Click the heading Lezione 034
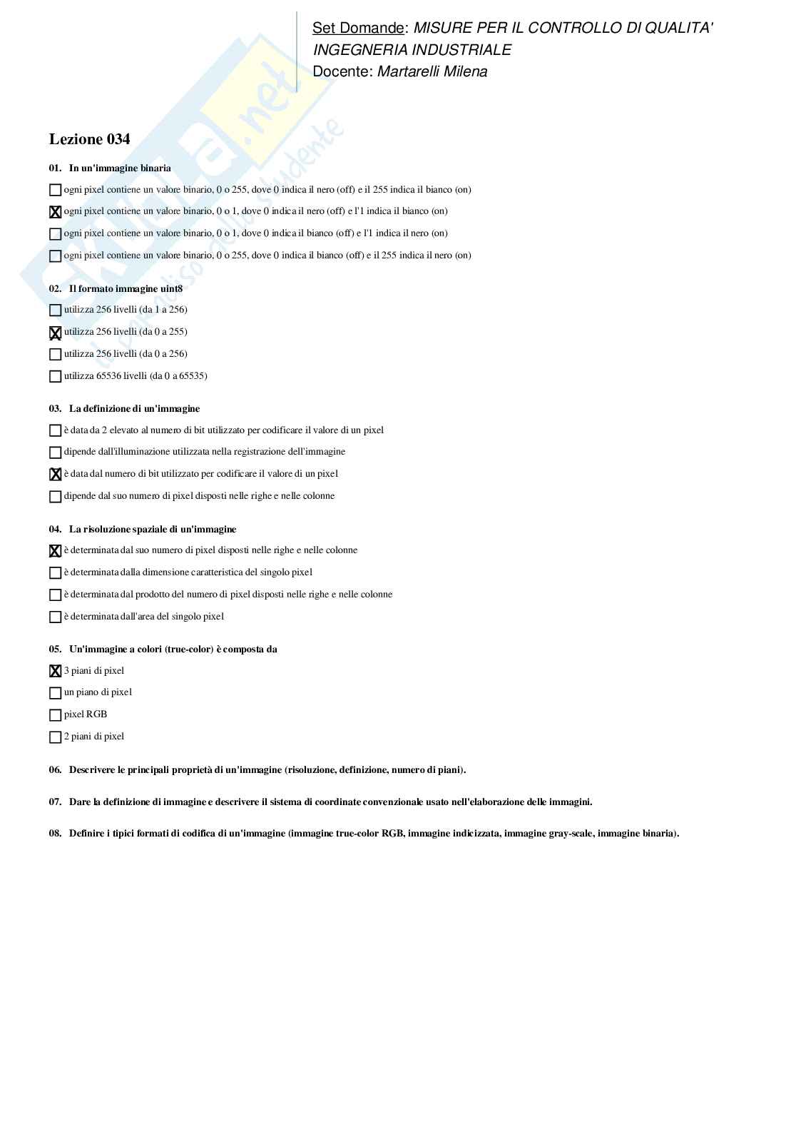point(89,139)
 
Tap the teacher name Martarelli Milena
point(432,71)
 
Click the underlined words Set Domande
point(358,28)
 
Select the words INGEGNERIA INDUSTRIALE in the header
point(412,50)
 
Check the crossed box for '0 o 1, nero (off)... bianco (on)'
point(55,212)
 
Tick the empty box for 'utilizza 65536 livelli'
point(55,376)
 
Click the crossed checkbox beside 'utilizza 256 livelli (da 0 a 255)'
point(55,333)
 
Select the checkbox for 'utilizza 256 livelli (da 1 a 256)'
point(55,310)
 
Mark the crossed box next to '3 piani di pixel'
point(55,671)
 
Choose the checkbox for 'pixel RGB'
point(55,715)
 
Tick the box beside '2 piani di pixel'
point(55,737)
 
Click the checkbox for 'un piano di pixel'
point(55,693)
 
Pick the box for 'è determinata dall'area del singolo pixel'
point(55,617)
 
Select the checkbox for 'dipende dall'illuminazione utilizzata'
point(55,453)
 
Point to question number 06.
point(55,770)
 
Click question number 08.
point(55,834)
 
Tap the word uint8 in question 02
point(171,289)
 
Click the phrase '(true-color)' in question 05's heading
point(189,650)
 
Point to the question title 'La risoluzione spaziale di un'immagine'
point(152,530)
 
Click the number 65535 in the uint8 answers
point(191,376)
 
